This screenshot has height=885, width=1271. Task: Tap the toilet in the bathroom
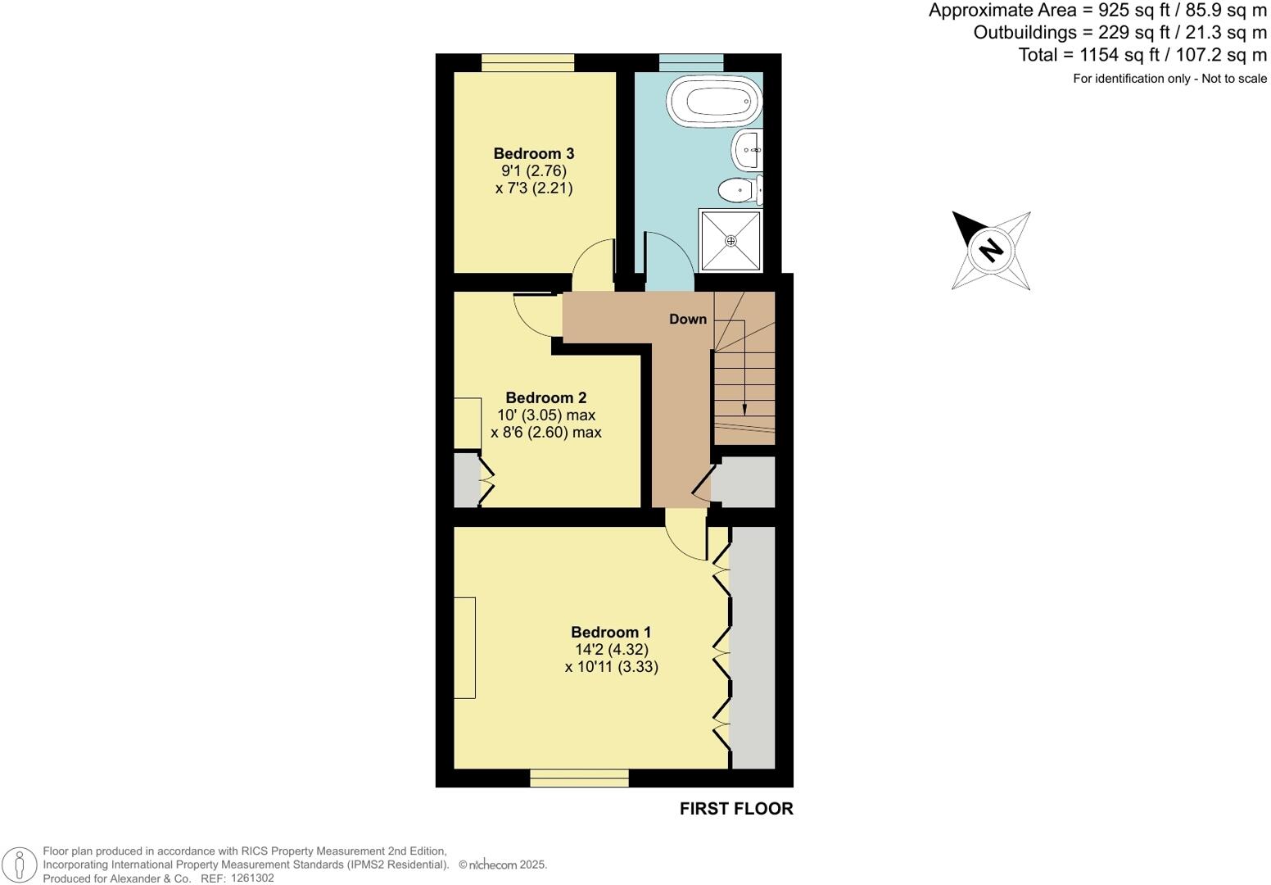739,190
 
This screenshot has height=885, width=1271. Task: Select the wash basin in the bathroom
747,149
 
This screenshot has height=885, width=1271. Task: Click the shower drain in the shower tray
730,241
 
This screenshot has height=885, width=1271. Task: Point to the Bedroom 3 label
533,153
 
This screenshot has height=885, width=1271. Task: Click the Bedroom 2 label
545,397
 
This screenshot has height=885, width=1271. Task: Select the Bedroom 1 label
611,632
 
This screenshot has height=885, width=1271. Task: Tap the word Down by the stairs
687,319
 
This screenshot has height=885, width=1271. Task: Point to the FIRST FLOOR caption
735,808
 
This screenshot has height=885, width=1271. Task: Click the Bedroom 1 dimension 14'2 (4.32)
611,649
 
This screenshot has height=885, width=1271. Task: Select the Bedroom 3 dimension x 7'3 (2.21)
533,188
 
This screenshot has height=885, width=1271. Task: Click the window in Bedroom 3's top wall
527,63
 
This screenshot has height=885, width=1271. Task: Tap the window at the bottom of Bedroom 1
579,778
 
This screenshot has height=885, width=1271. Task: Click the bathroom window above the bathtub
691,63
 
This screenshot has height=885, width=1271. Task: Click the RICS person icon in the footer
20,865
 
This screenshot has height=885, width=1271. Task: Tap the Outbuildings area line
1119,33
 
